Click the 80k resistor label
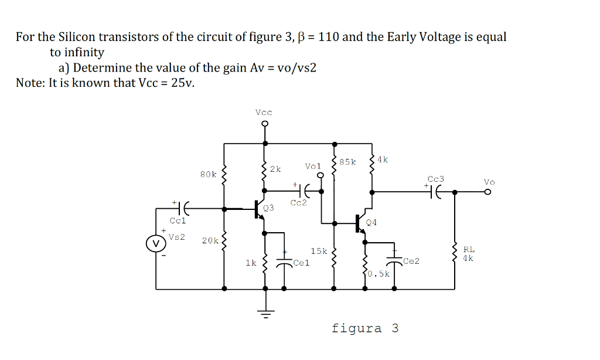tap(208, 174)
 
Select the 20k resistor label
tap(210, 240)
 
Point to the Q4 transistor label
tap(371, 222)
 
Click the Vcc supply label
tap(264, 111)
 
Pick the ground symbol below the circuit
tap(265, 312)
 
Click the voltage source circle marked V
tap(155, 242)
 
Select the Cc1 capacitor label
tap(178, 221)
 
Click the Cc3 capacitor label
tap(435, 179)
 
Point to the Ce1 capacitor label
tap(301, 263)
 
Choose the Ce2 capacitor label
tap(411, 261)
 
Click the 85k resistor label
tap(347, 162)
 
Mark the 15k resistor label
tap(319, 251)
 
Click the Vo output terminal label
tap(489, 182)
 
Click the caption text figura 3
tap(364, 328)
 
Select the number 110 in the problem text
tap(329, 37)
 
